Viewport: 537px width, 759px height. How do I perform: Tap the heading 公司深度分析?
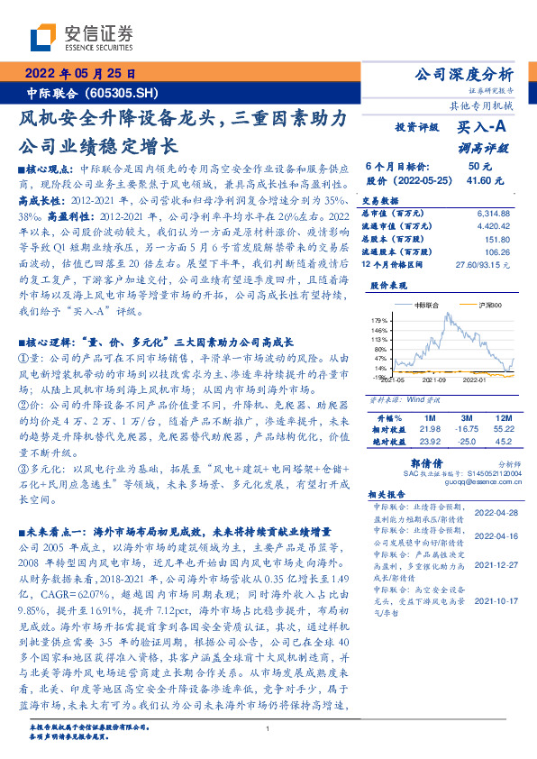462,74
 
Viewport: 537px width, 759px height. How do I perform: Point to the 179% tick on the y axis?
379,345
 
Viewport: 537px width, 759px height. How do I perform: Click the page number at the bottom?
268,729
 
